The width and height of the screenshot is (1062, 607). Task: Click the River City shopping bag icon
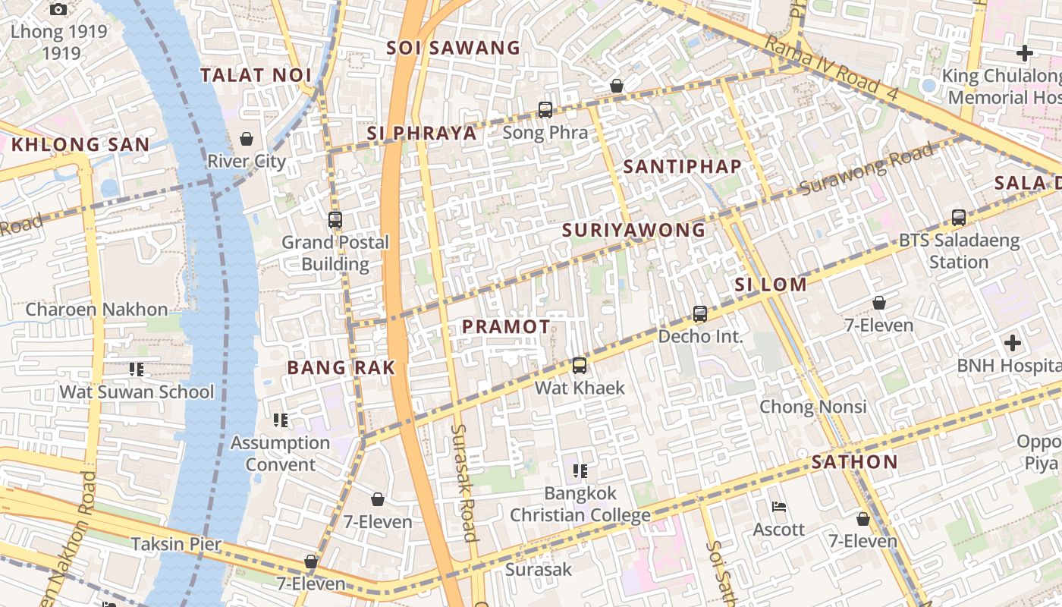pos(246,139)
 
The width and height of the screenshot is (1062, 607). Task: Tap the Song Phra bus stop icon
pos(545,110)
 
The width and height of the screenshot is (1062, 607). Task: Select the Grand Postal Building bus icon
pos(335,220)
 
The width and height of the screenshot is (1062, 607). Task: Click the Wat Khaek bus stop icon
pos(580,366)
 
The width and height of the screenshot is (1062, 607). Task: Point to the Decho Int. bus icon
pos(699,313)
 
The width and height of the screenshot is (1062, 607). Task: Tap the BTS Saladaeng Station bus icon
pos(959,218)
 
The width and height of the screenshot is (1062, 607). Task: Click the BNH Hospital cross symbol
pos(1012,343)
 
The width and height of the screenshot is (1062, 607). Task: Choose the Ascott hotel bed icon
pos(778,507)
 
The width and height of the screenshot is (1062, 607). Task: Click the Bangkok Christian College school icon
pos(580,471)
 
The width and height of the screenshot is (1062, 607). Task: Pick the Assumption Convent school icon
pos(280,420)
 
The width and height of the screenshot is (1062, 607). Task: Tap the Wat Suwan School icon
pos(137,370)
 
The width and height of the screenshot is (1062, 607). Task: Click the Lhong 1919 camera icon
pos(58,10)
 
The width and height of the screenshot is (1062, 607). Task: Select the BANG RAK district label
pos(341,368)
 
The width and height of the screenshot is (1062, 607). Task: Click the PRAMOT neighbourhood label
pos(506,327)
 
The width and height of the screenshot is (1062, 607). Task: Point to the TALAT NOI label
pos(256,75)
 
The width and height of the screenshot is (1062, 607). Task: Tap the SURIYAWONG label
pos(634,230)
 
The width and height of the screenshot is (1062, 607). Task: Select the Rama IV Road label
pos(831,68)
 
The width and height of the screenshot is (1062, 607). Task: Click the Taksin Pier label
pos(176,544)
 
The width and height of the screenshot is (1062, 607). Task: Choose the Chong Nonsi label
pos(813,407)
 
